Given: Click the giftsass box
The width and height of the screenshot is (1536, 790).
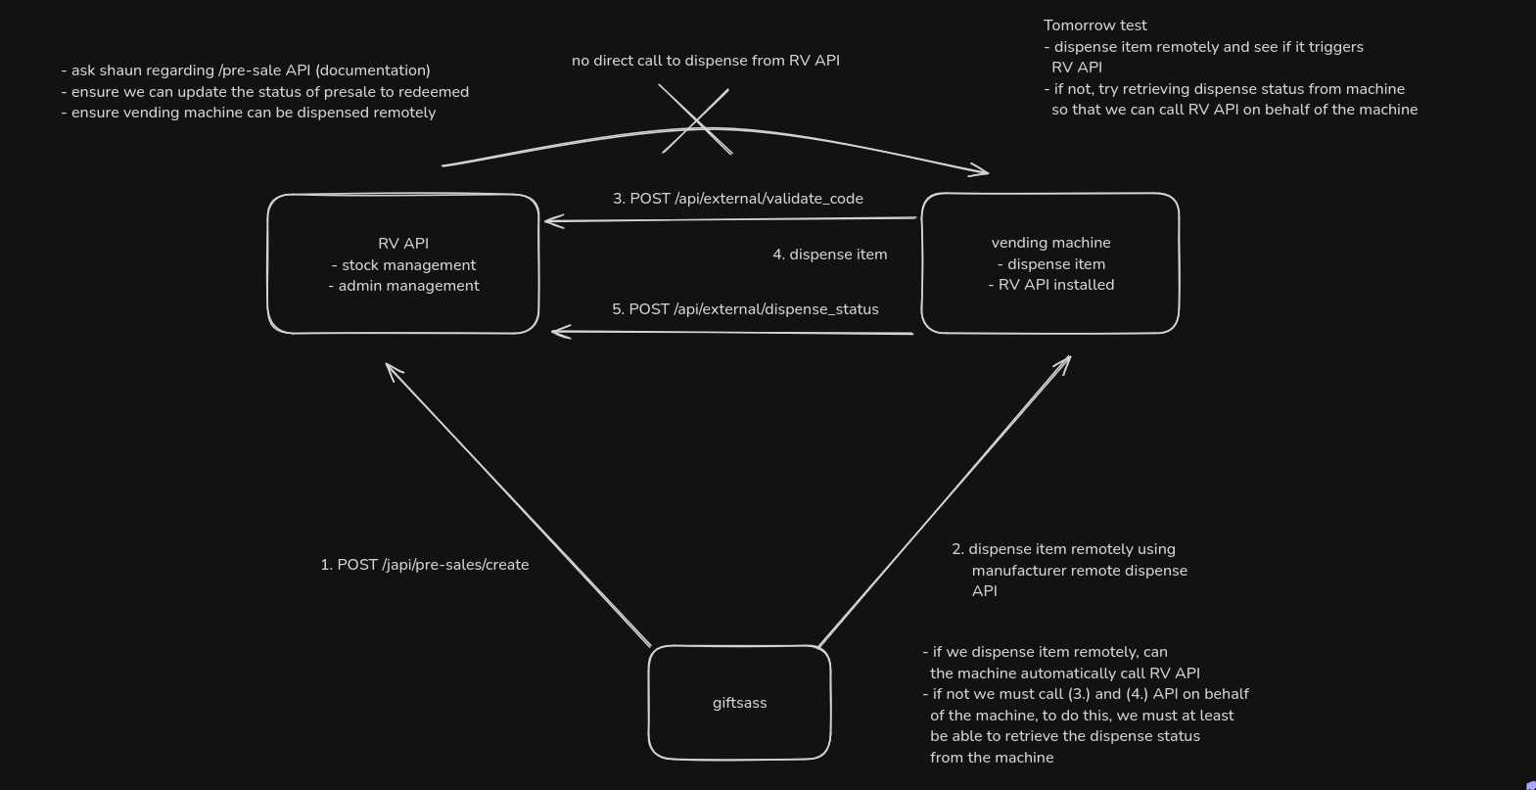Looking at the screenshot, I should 739,702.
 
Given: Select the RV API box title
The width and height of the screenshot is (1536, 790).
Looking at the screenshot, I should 403,243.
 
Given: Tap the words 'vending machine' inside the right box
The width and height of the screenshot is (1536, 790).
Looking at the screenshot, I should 1050,242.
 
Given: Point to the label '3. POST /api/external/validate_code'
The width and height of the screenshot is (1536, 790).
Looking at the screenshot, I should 737,199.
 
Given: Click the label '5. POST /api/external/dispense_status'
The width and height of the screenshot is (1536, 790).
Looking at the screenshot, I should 745,309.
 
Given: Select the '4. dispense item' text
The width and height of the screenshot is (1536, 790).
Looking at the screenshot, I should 829,255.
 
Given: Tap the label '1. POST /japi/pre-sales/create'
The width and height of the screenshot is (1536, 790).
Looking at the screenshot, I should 424,565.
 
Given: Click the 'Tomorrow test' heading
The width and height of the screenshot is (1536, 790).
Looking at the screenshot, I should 1094,25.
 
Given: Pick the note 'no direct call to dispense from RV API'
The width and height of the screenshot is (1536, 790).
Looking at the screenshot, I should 705,61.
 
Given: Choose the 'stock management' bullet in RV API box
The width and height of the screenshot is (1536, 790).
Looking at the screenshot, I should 407,265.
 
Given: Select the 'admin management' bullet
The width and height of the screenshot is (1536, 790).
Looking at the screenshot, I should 408,286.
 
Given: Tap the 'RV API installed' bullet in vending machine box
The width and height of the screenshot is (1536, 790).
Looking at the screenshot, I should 1055,285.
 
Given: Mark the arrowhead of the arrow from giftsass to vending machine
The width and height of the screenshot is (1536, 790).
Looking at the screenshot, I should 1066,360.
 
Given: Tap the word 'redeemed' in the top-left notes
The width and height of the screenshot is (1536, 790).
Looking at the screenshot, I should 436,92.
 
